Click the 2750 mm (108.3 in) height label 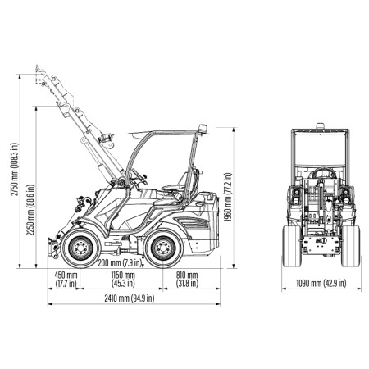(15, 169)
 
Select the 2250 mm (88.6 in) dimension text (30, 210)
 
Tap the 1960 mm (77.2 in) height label (228, 197)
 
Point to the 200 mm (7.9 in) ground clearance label (121, 263)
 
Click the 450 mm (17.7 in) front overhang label (66, 279)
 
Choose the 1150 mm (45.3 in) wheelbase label (123, 279)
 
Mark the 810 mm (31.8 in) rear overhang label (187, 279)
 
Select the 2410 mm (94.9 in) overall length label (130, 298)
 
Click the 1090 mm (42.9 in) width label (321, 283)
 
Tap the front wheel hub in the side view (80, 248)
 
